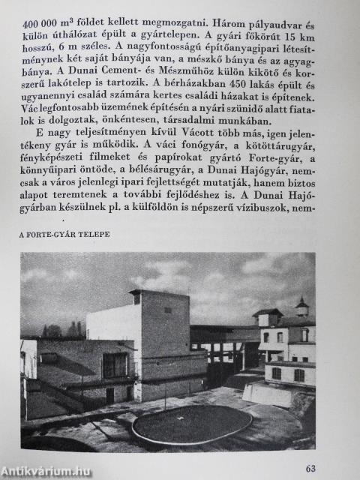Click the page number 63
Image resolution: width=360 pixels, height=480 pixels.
[310, 469]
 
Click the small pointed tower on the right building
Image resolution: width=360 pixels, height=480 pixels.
[301, 305]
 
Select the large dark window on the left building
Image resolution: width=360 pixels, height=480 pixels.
[115, 365]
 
